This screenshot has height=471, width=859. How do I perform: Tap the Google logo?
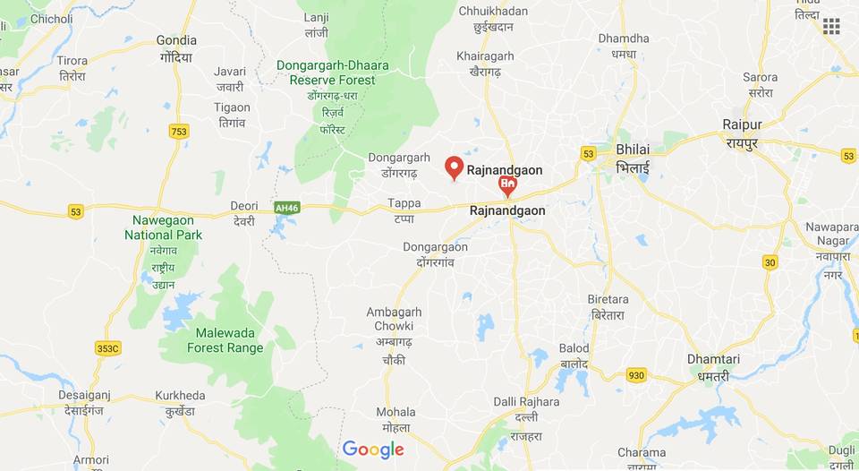(373, 450)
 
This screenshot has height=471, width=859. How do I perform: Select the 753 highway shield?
(179, 132)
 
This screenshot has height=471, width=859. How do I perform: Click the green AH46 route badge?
(286, 208)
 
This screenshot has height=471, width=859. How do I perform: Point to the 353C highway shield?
(107, 347)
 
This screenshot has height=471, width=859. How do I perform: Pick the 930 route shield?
(636, 375)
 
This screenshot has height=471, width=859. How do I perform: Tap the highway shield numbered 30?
(770, 261)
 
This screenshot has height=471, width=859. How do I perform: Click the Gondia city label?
(176, 40)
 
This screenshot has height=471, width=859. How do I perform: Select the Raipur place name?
(742, 124)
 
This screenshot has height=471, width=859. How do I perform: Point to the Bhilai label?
(633, 149)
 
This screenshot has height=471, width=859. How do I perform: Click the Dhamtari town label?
(713, 359)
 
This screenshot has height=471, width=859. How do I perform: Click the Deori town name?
(243, 203)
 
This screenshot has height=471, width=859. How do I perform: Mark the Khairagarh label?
(485, 56)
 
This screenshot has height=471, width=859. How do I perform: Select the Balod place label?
(574, 348)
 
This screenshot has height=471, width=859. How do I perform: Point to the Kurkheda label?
(180, 395)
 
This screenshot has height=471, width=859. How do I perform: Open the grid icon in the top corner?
(831, 26)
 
